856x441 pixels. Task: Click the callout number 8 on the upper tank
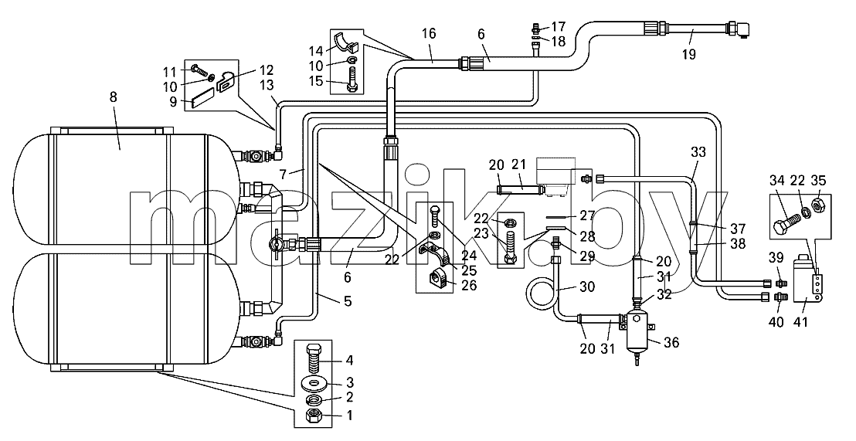[x=113, y=97]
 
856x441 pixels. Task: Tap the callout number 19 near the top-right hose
[x=689, y=54]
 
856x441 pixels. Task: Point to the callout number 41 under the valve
[x=800, y=322]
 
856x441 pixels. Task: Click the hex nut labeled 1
[x=314, y=416]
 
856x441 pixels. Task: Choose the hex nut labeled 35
[x=818, y=205]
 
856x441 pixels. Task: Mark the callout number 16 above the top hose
[x=429, y=33]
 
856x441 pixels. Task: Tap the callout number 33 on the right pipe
[x=698, y=152]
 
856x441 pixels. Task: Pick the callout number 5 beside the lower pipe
[x=347, y=300]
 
